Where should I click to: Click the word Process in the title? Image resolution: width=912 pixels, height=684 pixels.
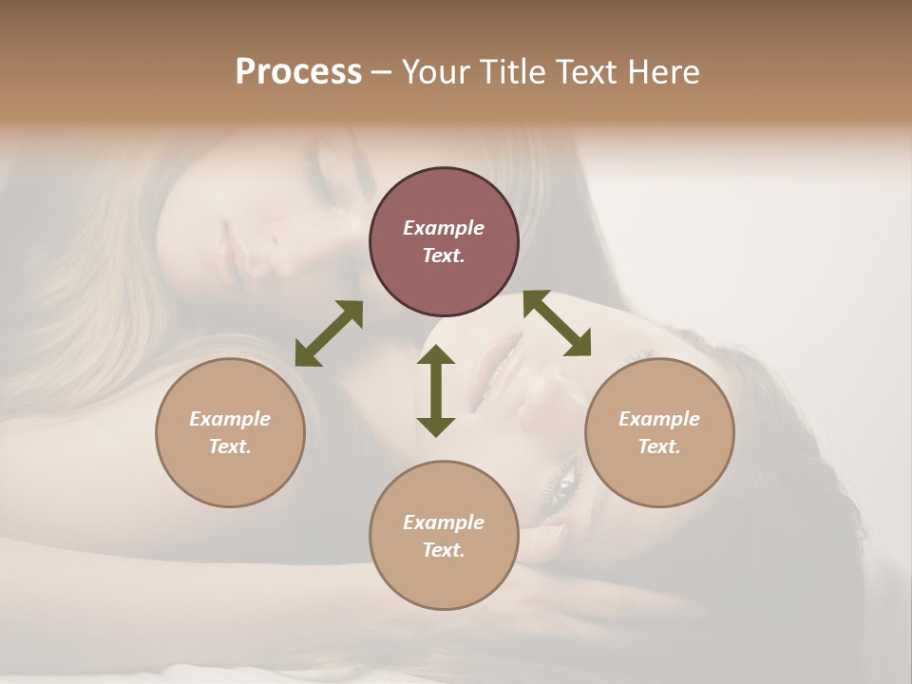pyautogui.click(x=298, y=72)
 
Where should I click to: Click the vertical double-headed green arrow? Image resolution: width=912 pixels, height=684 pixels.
pyautogui.click(x=436, y=390)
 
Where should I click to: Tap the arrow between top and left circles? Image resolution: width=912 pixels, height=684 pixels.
pyautogui.click(x=329, y=333)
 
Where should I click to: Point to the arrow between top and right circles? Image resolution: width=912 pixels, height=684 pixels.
pyautogui.click(x=558, y=323)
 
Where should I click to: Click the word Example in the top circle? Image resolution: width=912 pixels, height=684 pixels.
pyautogui.click(x=444, y=228)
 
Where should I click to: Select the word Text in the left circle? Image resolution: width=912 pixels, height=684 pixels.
pyautogui.click(x=229, y=446)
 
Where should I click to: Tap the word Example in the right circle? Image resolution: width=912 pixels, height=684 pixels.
pyautogui.click(x=659, y=419)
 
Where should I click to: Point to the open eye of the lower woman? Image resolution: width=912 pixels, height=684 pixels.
pyautogui.click(x=561, y=485)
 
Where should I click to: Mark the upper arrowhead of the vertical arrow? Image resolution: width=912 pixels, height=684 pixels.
pyautogui.click(x=436, y=356)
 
